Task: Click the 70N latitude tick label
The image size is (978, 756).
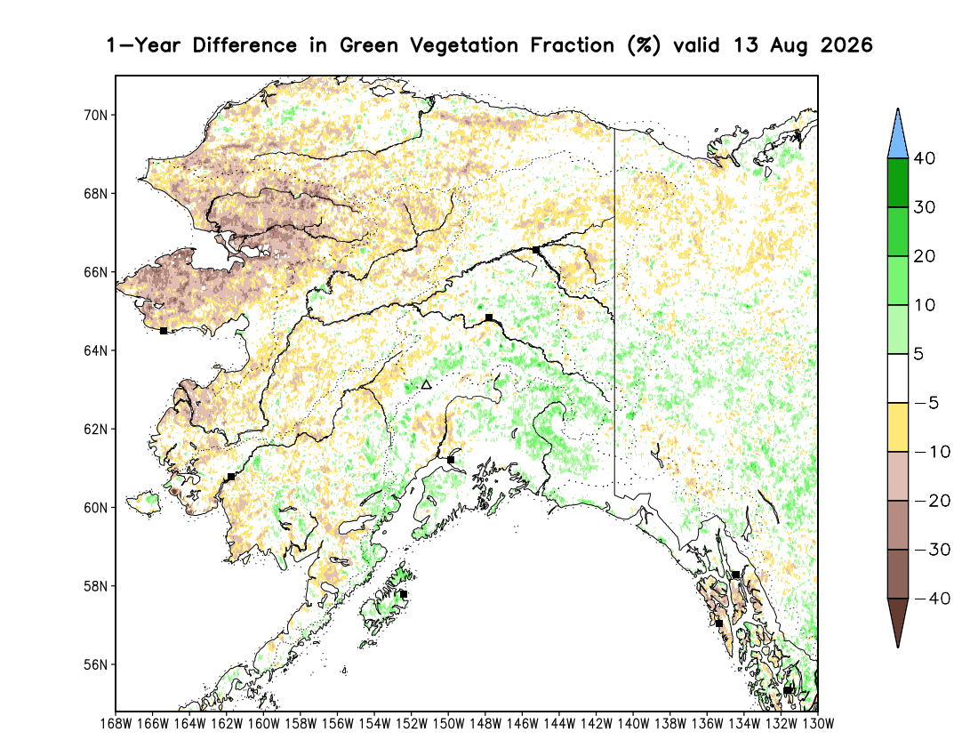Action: click(x=95, y=116)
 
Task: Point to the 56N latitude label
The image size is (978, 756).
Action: click(x=95, y=665)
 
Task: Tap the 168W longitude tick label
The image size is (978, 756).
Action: click(x=116, y=724)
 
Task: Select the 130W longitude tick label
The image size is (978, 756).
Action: click(x=818, y=724)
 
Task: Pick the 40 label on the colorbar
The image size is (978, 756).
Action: click(x=925, y=158)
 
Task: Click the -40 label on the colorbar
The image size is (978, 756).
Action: click(x=933, y=599)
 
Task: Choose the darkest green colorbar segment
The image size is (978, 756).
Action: click(x=898, y=182)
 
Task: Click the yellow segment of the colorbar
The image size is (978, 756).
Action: click(x=898, y=427)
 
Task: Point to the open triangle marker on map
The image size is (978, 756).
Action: click(x=426, y=385)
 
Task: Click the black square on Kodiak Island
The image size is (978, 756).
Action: click(x=404, y=594)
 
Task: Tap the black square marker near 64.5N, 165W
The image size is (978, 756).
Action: click(x=164, y=331)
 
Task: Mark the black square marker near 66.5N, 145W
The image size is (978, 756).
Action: click(x=536, y=250)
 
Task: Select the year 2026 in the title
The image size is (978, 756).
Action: click(x=846, y=45)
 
